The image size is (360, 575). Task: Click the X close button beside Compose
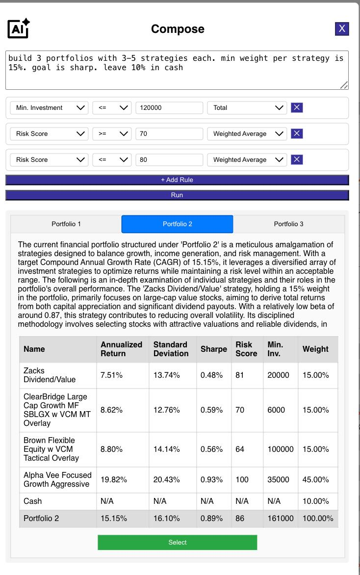point(342,29)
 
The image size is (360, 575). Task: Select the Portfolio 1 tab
point(66,224)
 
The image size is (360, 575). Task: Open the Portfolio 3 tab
point(288,224)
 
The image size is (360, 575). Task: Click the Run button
point(177,195)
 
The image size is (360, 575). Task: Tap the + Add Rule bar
point(177,180)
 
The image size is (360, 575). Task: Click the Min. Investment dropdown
point(49,108)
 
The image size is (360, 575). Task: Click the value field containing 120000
point(169,108)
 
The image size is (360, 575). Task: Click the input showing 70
point(169,134)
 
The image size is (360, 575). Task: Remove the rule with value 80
point(297,159)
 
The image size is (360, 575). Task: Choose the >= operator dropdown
point(111,134)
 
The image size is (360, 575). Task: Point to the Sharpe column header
point(213,349)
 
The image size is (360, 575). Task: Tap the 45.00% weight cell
point(315,480)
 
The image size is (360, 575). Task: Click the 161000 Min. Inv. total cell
point(280,519)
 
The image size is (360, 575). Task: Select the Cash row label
point(33,501)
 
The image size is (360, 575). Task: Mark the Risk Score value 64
point(240,449)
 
